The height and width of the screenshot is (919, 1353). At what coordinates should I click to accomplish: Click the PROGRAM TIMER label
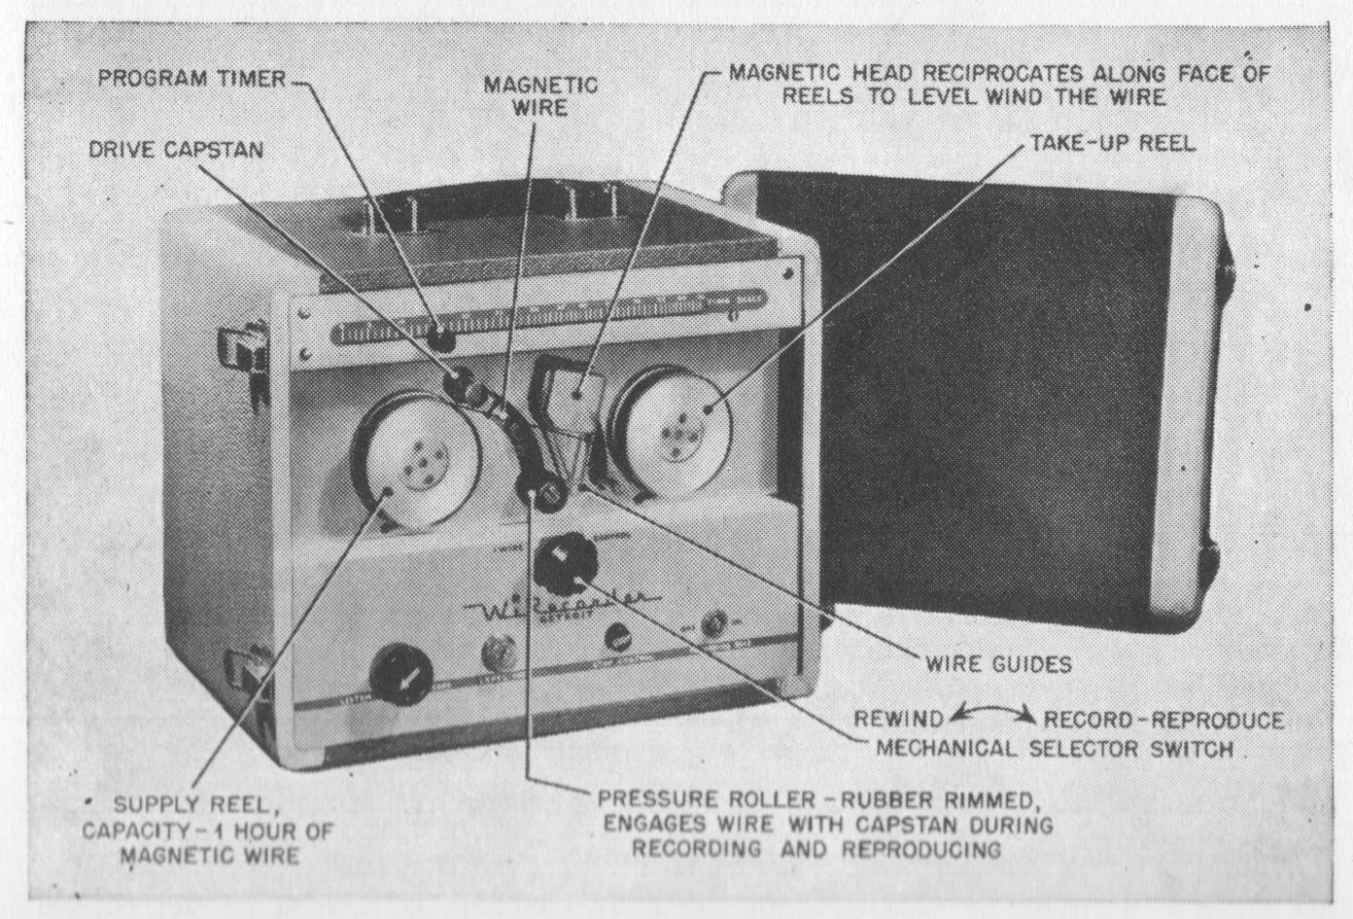pyautogui.click(x=191, y=79)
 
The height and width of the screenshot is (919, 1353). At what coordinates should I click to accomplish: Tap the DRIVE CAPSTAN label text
pyautogui.click(x=176, y=150)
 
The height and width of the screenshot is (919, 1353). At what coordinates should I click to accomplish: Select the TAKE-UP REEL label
pyautogui.click(x=1112, y=143)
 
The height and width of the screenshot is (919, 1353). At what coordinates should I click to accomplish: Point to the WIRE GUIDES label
pyautogui.click(x=998, y=664)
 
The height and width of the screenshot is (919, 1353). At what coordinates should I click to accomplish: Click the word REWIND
pyautogui.click(x=898, y=720)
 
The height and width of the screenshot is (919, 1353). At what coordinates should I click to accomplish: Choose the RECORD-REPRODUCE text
pyautogui.click(x=1163, y=721)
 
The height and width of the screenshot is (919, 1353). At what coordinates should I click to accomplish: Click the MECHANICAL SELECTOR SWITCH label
pyautogui.click(x=1055, y=749)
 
